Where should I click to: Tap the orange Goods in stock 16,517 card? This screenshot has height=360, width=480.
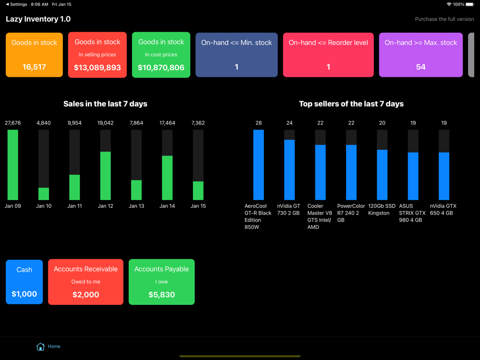pyautogui.click(x=34, y=55)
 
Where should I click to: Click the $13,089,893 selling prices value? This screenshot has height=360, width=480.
pyautogui.click(x=97, y=68)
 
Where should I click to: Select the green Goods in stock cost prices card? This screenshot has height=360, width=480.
pyautogui.click(x=161, y=55)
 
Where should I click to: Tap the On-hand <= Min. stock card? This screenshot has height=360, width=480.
pyautogui.click(x=237, y=55)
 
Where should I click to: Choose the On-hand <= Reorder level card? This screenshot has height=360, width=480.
pyautogui.click(x=328, y=55)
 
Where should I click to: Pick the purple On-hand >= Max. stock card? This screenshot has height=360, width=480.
pyautogui.click(x=421, y=55)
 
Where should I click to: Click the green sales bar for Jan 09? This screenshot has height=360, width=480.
pyautogui.click(x=13, y=165)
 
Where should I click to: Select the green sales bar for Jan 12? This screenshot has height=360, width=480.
pyautogui.click(x=106, y=176)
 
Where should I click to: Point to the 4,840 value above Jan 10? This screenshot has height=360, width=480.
pyautogui.click(x=44, y=123)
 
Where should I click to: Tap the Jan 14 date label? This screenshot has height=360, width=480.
pyautogui.click(x=167, y=206)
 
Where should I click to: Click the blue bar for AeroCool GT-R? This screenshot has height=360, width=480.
pyautogui.click(x=259, y=165)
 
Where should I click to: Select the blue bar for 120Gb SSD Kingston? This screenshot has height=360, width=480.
pyautogui.click(x=382, y=175)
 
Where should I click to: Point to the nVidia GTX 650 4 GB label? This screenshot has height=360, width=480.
pyautogui.click(x=443, y=209)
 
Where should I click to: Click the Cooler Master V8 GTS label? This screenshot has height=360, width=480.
pyautogui.click(x=320, y=216)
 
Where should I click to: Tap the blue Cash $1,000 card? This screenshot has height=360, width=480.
pyautogui.click(x=24, y=282)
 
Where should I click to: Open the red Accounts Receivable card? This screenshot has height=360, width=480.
pyautogui.click(x=85, y=282)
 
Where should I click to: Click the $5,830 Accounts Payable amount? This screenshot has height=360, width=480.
pyautogui.click(x=162, y=295)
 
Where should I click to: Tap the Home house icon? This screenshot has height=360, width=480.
pyautogui.click(x=40, y=346)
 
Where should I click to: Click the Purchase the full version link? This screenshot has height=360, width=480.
pyautogui.click(x=444, y=19)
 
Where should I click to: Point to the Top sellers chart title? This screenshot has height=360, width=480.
pyautogui.click(x=351, y=104)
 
